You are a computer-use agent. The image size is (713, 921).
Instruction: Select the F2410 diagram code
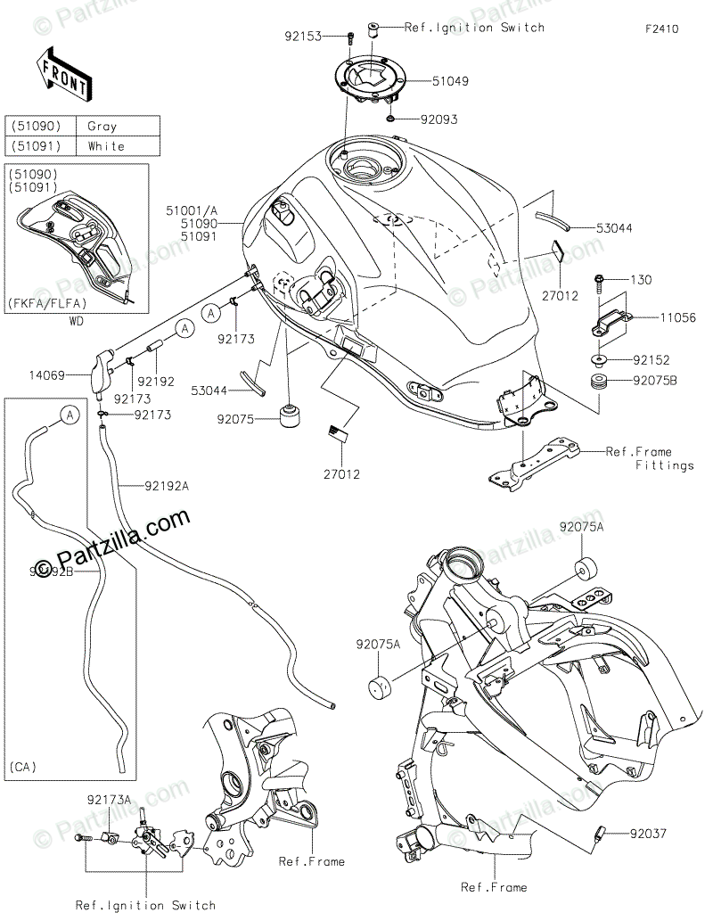click(x=662, y=29)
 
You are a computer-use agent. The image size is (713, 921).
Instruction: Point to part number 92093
click(x=438, y=119)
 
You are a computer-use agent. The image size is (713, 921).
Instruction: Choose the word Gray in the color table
click(x=102, y=127)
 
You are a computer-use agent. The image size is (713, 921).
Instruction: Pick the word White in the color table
click(x=106, y=145)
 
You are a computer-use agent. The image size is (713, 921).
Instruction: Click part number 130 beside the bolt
click(x=642, y=281)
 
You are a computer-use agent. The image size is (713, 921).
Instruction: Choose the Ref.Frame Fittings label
click(x=651, y=458)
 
